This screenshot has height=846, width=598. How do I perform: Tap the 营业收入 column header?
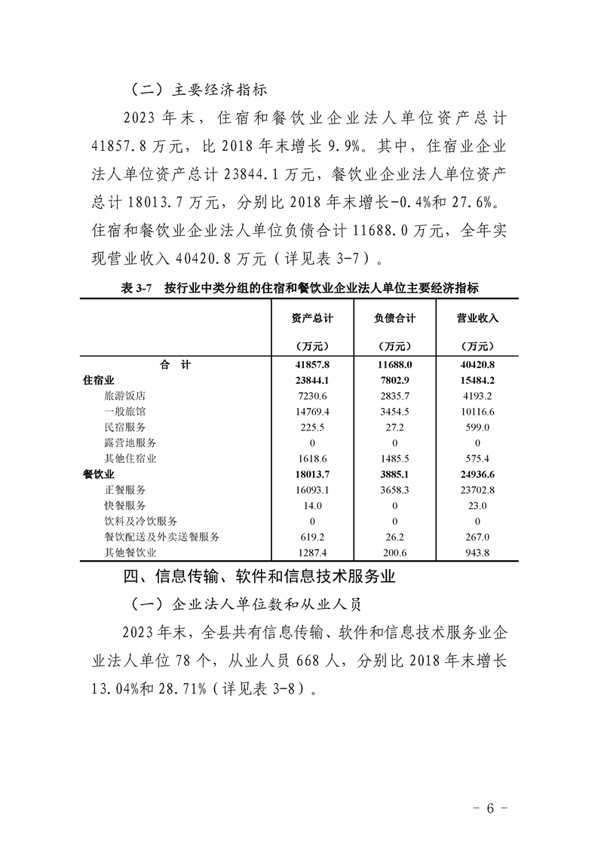[478, 318]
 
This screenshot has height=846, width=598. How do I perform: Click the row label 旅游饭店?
[125, 396]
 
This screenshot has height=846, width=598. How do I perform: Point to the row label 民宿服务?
[125, 427]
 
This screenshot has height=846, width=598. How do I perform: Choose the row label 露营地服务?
[130, 443]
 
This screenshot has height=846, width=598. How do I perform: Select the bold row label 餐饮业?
[98, 474]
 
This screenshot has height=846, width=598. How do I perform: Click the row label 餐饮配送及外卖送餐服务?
[161, 536]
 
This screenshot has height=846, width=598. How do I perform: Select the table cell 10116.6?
[478, 412]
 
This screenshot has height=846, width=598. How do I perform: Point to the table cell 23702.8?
[478, 489]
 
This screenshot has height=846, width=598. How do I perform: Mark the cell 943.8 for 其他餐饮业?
[478, 552]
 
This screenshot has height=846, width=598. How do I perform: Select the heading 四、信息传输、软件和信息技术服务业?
[259, 578]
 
